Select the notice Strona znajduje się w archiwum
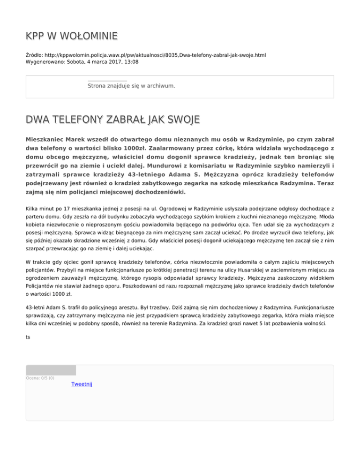131,86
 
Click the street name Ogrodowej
171,208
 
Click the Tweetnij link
82,384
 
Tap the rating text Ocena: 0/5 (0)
40,378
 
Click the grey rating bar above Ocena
51,370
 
